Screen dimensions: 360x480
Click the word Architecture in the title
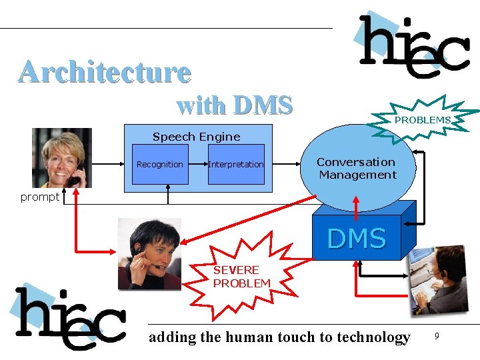(x=105, y=72)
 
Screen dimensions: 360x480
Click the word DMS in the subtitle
(x=263, y=105)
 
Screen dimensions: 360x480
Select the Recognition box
(x=159, y=164)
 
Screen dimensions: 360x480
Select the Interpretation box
(x=236, y=164)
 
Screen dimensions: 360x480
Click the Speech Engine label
(x=196, y=137)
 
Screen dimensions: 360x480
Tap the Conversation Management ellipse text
(x=357, y=169)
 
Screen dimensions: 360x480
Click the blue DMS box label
(x=357, y=238)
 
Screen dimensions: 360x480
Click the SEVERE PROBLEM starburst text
(x=241, y=276)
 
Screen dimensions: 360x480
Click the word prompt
(x=39, y=197)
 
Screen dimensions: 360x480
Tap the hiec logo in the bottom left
(x=70, y=319)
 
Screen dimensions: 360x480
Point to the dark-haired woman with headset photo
(x=149, y=254)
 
